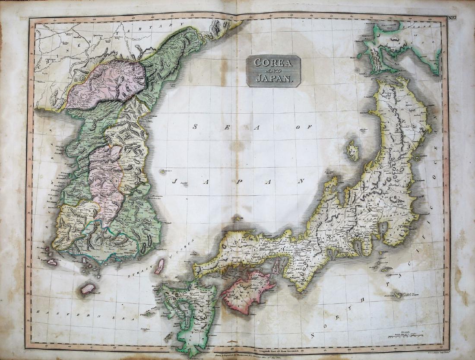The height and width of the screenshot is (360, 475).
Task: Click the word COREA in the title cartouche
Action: (x=273, y=62)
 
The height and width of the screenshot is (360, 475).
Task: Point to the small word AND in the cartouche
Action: (x=273, y=70)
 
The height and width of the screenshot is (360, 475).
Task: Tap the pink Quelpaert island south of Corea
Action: (x=88, y=288)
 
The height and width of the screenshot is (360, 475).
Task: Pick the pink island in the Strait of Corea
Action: (x=160, y=266)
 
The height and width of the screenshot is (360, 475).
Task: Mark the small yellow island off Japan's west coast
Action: (x=353, y=150)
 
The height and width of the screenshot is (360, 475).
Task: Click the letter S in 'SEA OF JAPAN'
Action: (x=195, y=127)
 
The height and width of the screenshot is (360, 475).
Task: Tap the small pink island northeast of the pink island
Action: (x=277, y=266)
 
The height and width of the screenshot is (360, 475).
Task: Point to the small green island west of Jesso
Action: (x=360, y=55)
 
